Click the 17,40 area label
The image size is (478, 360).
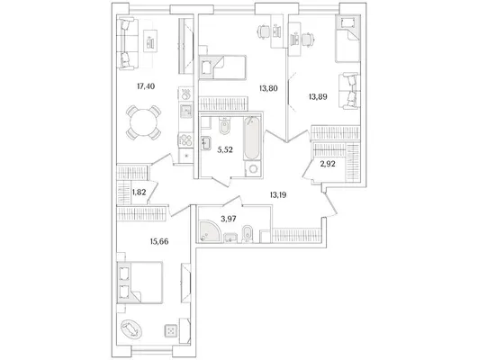(146, 86)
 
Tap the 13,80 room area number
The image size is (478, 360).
(268, 89)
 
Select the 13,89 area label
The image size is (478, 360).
(318, 97)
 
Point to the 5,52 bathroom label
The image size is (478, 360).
(225, 149)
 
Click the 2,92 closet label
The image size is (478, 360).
(328, 164)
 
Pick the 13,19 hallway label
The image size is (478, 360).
(278, 194)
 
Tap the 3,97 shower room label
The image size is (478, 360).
(229, 219)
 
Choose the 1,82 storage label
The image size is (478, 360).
(139, 193)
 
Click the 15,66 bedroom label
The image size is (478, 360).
(159, 242)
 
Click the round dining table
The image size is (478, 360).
(143, 122)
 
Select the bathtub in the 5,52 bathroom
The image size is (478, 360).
(252, 139)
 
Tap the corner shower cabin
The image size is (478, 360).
(209, 231)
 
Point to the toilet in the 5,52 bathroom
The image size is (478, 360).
(226, 127)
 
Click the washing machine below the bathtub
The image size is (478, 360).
(253, 168)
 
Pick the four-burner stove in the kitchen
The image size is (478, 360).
(185, 140)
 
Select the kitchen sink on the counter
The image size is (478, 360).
(185, 111)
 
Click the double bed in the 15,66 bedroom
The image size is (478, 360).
(140, 283)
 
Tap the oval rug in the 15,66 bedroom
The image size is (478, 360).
(131, 328)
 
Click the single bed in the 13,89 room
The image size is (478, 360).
(347, 39)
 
